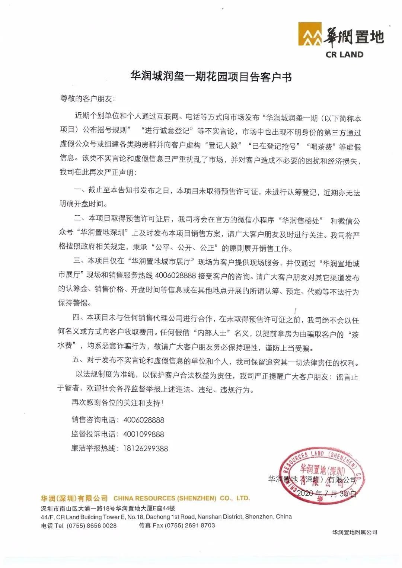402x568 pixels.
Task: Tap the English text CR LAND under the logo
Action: point(344,54)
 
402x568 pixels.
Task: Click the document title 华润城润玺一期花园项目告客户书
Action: point(211,77)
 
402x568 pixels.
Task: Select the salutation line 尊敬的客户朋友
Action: point(88,99)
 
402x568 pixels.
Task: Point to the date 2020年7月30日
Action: point(326,494)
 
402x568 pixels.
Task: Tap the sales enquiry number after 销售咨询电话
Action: point(144,420)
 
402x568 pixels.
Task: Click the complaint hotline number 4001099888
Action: point(144,434)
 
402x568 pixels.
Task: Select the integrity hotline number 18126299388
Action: point(146,448)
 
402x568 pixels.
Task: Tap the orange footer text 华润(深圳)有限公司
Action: point(74,498)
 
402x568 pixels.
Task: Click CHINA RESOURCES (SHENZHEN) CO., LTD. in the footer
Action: point(182,498)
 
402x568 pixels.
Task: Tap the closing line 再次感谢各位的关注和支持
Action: point(117,403)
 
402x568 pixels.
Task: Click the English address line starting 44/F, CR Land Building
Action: point(166,517)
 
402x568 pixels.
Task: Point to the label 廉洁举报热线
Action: point(93,448)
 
